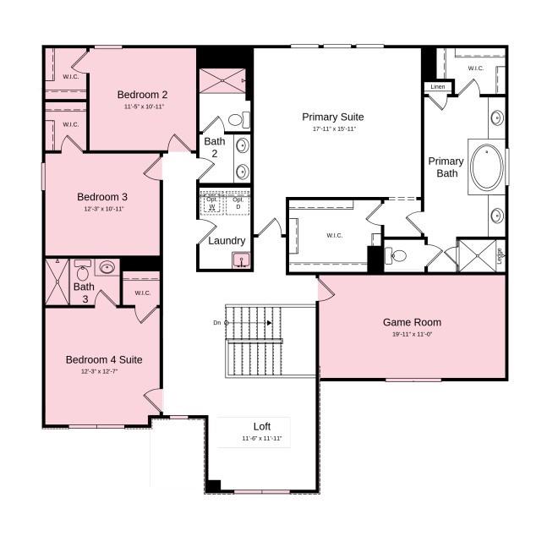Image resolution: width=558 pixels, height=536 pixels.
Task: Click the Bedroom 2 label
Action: click(x=142, y=95)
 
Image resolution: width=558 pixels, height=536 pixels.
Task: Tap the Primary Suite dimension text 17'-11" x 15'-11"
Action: click(x=333, y=129)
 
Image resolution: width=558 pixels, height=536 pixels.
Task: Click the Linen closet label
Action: click(x=437, y=86)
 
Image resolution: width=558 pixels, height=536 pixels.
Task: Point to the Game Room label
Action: click(x=412, y=322)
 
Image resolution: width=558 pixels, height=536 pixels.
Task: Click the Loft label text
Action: click(x=262, y=426)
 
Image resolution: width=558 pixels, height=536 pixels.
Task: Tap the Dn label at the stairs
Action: click(x=217, y=323)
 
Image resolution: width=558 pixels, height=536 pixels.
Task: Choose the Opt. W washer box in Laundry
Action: click(x=212, y=204)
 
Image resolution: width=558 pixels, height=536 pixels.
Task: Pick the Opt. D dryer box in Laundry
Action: click(x=238, y=204)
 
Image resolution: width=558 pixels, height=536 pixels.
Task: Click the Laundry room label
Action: click(x=227, y=241)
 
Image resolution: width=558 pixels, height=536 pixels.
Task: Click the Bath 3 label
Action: click(x=84, y=293)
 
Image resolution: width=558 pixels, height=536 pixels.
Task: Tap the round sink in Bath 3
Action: click(x=107, y=269)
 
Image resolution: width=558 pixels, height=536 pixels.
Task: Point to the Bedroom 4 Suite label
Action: click(x=104, y=360)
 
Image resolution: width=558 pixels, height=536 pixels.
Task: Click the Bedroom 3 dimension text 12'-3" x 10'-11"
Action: click(x=104, y=209)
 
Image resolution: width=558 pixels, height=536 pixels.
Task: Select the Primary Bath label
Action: click(x=446, y=167)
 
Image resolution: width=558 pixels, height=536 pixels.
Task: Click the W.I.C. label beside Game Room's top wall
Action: click(x=335, y=235)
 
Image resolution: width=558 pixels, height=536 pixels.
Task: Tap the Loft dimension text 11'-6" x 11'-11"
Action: click(x=262, y=439)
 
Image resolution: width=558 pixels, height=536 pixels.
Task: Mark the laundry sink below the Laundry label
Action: click(x=241, y=261)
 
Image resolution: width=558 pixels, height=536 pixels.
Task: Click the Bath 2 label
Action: click(x=215, y=147)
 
